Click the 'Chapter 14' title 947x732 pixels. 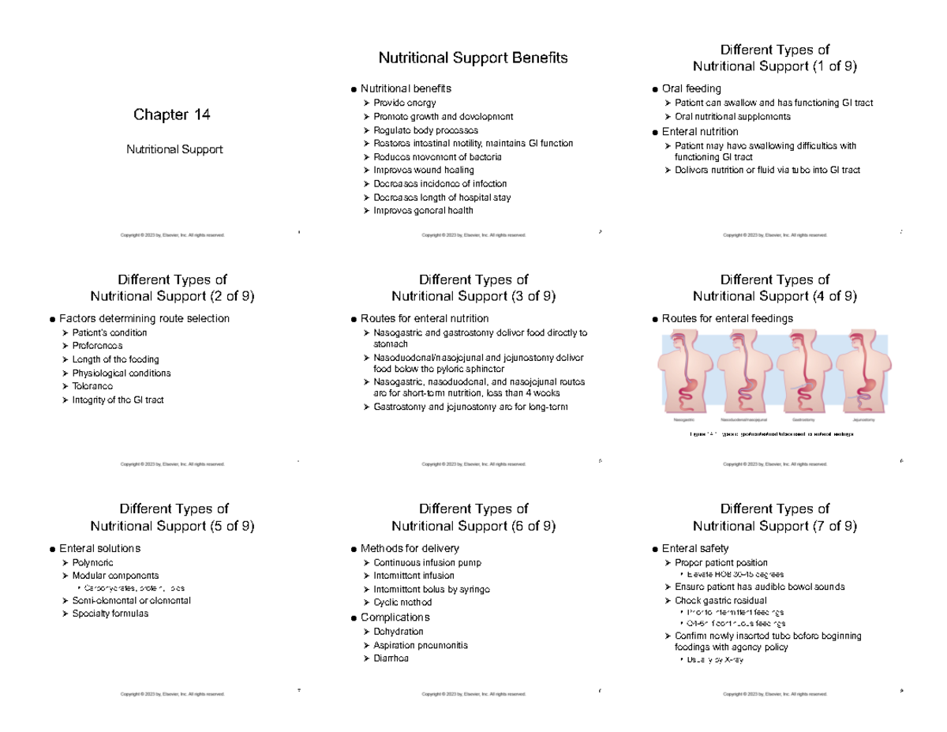pyautogui.click(x=172, y=115)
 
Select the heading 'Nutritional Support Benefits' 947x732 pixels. pyautogui.click(x=473, y=58)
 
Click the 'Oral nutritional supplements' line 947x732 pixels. pyautogui.click(x=732, y=117)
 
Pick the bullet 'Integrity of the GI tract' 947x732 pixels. pyautogui.click(x=118, y=400)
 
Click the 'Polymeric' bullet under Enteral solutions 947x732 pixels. pyautogui.click(x=93, y=562)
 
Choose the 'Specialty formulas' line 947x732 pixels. pyautogui.click(x=110, y=614)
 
